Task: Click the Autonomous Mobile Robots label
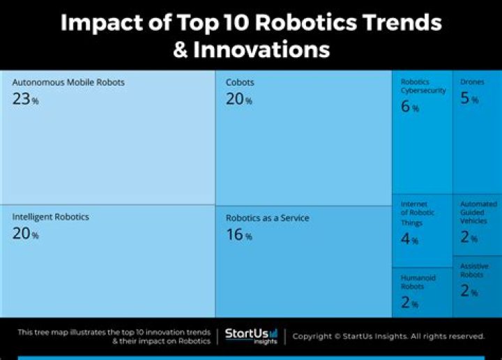[68, 82]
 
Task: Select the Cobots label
[240, 82]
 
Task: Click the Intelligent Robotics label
[50, 217]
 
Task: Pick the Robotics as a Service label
[267, 218]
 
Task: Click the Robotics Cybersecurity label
[423, 87]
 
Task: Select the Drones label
[472, 82]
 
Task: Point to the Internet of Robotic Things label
[418, 213]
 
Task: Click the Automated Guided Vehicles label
[478, 212]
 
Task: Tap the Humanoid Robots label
[418, 282]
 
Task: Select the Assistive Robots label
[474, 271]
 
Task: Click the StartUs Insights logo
[252, 336]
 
